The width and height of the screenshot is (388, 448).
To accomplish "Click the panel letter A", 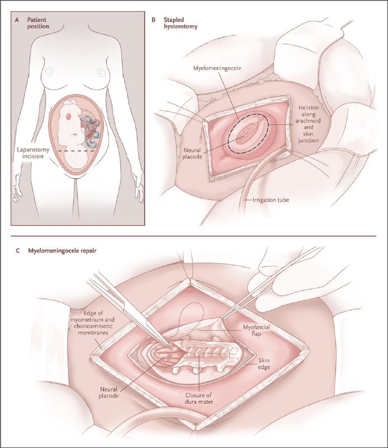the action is point(17,20).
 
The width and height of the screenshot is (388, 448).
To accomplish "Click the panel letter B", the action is point(154,20).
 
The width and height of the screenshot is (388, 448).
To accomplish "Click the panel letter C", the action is point(17,250).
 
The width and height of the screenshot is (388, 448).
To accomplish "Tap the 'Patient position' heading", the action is point(38,23).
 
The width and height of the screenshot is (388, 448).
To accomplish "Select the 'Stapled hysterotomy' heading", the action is point(181,24).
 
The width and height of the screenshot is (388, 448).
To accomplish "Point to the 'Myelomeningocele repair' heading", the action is point(62,251).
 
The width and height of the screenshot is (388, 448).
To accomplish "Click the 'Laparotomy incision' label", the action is point(33,153).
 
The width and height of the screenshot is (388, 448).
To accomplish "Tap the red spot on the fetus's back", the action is point(69,116).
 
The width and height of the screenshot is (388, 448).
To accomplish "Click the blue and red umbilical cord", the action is point(91,131).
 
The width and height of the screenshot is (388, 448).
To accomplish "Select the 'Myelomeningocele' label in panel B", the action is point(217,68).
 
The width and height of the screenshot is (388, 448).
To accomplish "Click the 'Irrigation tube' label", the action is point(271,200).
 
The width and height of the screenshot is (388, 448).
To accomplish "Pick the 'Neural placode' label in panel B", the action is point(192,153).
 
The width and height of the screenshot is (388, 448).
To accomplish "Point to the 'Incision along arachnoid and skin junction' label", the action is point(309,124).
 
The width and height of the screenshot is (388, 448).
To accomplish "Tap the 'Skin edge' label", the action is point(264,363).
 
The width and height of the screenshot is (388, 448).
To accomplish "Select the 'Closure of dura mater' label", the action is point(199,399).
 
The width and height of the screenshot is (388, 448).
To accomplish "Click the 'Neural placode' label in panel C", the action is point(108,393).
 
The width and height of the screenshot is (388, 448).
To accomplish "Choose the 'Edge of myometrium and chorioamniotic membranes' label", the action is point(92,323).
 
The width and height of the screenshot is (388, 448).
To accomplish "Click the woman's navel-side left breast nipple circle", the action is point(101,72).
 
